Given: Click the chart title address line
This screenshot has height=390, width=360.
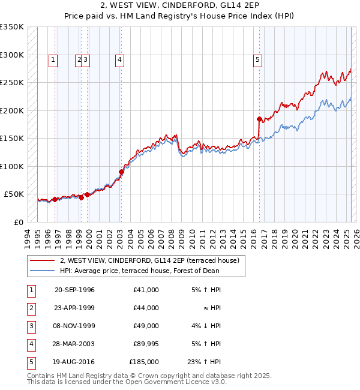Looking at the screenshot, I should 180,7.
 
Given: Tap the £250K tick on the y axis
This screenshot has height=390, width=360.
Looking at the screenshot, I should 12,83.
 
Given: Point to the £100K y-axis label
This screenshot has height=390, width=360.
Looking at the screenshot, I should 12,166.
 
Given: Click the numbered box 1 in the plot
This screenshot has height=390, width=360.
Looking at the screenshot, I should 53,59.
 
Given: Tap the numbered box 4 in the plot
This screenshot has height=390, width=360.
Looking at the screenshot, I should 120,59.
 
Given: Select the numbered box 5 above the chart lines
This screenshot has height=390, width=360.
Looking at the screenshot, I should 257,59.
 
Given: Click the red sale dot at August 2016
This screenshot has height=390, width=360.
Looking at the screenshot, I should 259,119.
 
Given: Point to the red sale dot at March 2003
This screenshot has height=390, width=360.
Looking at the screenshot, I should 121,172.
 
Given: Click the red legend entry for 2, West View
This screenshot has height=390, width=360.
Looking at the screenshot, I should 149,260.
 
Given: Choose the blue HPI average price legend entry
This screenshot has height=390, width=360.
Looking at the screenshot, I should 139,271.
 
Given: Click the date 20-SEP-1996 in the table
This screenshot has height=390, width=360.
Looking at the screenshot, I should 74,290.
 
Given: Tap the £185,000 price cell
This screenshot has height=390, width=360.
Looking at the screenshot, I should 143,362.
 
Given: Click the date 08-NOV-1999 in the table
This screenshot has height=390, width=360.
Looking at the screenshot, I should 74,326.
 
